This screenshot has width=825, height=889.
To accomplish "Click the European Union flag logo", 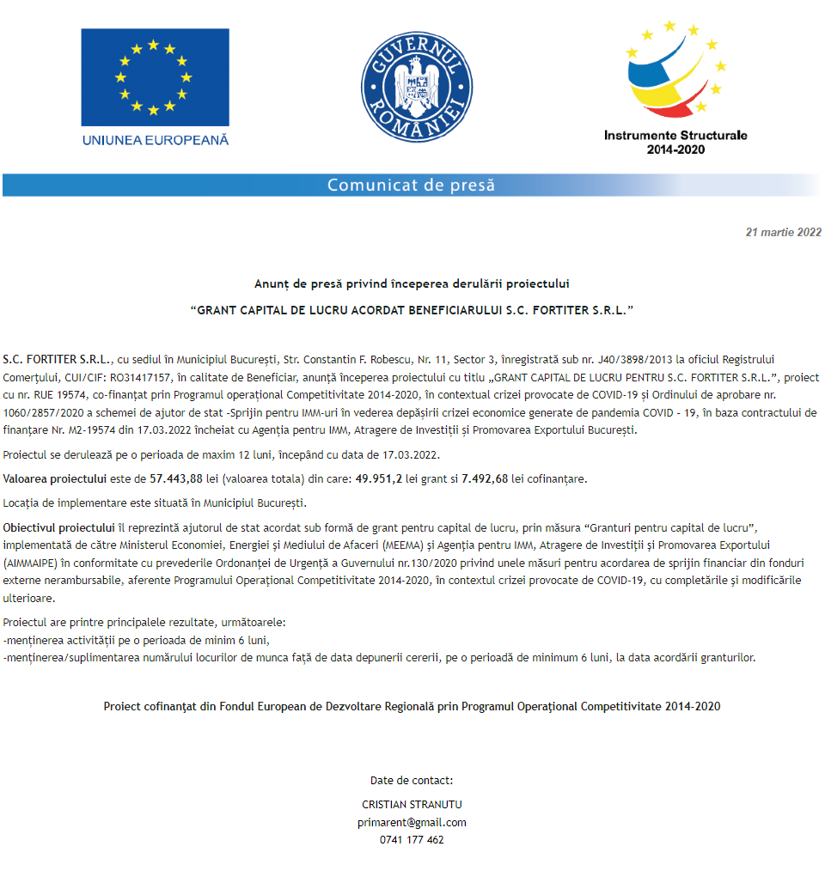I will pos(155,76).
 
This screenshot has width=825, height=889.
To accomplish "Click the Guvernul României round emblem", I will pos(417,82).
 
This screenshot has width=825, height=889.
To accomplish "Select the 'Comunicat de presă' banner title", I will pos(411,186).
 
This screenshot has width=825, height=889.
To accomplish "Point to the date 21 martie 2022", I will pos(784,233).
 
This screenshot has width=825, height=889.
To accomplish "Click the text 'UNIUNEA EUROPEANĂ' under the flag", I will pos(155,140).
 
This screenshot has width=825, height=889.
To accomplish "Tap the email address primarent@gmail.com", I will pos(412,823).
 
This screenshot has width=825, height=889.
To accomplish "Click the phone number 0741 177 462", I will pos(412,840).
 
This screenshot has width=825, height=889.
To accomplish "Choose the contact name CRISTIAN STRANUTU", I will pos(412,806).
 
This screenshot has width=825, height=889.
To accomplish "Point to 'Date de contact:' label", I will pos(412,781).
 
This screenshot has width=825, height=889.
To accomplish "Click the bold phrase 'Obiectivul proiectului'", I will pos(58,527).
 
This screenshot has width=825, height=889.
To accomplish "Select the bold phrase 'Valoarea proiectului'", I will pos(56,479).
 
